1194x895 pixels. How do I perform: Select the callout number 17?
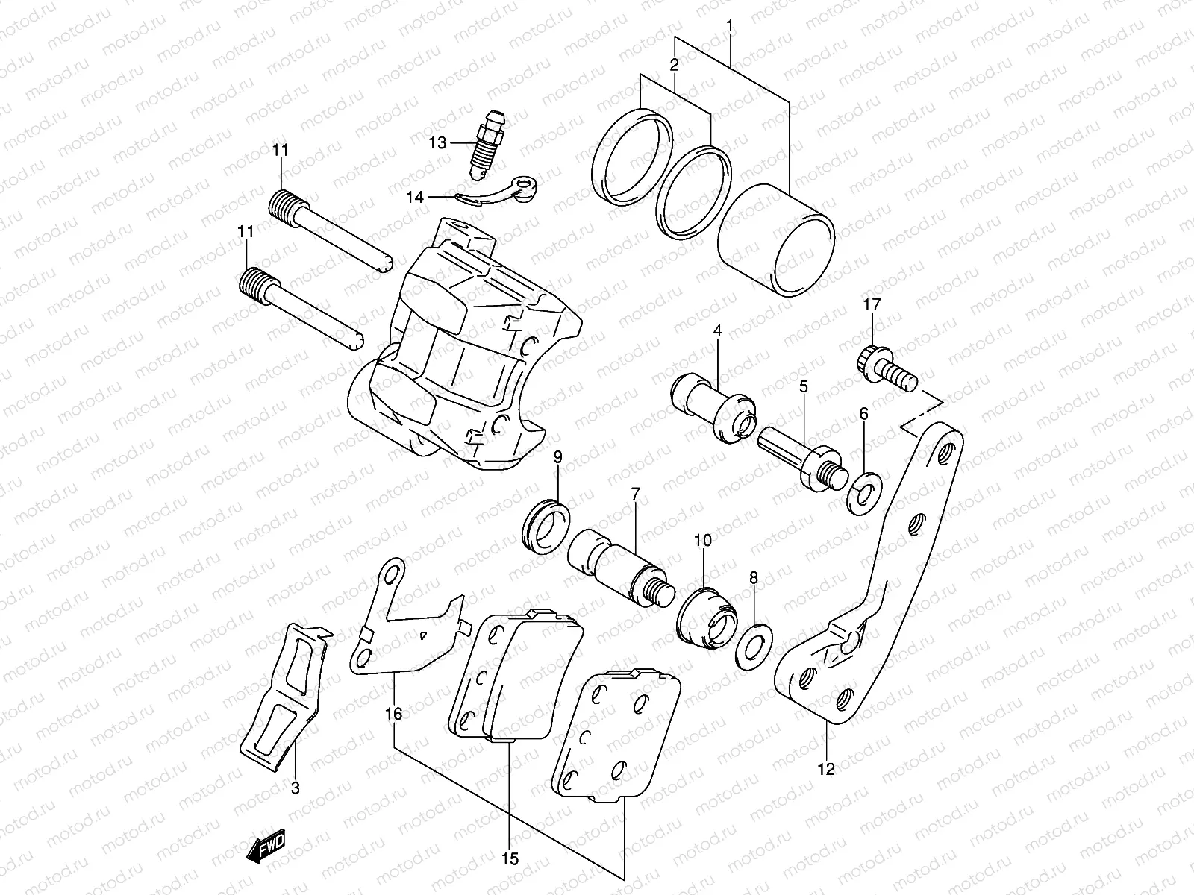872,304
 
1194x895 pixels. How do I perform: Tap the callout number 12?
826,769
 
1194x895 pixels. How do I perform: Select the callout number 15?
510,858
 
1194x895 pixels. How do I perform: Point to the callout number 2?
674,65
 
